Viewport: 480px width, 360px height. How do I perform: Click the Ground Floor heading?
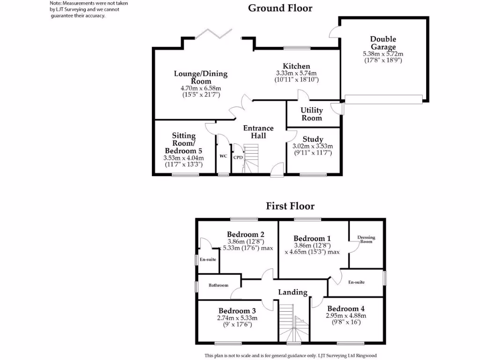(280, 8)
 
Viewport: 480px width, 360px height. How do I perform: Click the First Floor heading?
(290, 206)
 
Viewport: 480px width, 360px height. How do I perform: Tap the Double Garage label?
(383, 43)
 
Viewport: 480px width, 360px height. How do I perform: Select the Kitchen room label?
(296, 66)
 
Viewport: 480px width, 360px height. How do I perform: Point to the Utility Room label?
(312, 114)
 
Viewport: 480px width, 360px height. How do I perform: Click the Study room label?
(313, 139)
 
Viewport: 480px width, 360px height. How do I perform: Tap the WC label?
(223, 156)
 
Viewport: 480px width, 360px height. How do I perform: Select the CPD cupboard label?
(238, 157)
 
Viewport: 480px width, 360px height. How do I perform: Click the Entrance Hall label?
(258, 132)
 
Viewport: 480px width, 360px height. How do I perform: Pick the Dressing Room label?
(366, 239)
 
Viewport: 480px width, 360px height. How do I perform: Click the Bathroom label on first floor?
(218, 285)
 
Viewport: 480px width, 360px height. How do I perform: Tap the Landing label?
(293, 292)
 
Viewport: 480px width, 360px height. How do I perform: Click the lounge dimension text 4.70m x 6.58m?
(201, 88)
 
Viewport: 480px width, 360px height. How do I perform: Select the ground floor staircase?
(252, 159)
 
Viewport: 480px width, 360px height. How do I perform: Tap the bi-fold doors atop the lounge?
(214, 34)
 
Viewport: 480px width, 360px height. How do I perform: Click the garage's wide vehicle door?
(383, 98)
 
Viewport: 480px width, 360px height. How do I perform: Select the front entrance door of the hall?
(277, 170)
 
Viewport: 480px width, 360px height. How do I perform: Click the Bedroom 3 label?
(237, 311)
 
